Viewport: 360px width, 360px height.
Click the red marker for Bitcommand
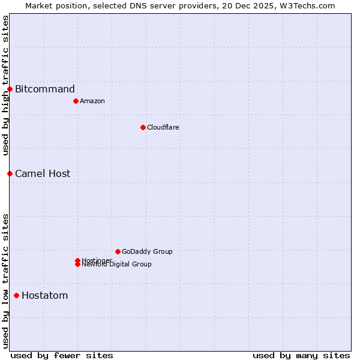click(10, 89)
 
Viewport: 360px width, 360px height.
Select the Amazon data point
click(76, 101)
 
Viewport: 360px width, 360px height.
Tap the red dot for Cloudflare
click(143, 127)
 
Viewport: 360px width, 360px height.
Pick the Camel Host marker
click(10, 173)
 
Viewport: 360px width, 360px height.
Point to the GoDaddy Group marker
click(118, 251)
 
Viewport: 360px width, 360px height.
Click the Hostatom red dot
click(16, 295)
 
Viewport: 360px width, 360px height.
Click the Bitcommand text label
click(45, 89)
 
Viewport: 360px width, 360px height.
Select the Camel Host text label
click(43, 173)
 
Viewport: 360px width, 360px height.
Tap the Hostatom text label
click(45, 295)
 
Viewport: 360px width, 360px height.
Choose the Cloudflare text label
click(163, 127)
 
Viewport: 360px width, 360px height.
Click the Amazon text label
click(92, 101)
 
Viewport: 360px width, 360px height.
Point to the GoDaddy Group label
click(147, 251)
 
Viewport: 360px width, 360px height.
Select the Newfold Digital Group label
click(117, 265)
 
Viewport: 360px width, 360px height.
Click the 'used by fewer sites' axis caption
click(62, 355)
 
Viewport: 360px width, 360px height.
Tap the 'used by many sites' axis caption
click(301, 355)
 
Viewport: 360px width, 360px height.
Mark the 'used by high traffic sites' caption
click(5, 85)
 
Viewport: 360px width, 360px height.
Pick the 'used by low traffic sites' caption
click(5, 280)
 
